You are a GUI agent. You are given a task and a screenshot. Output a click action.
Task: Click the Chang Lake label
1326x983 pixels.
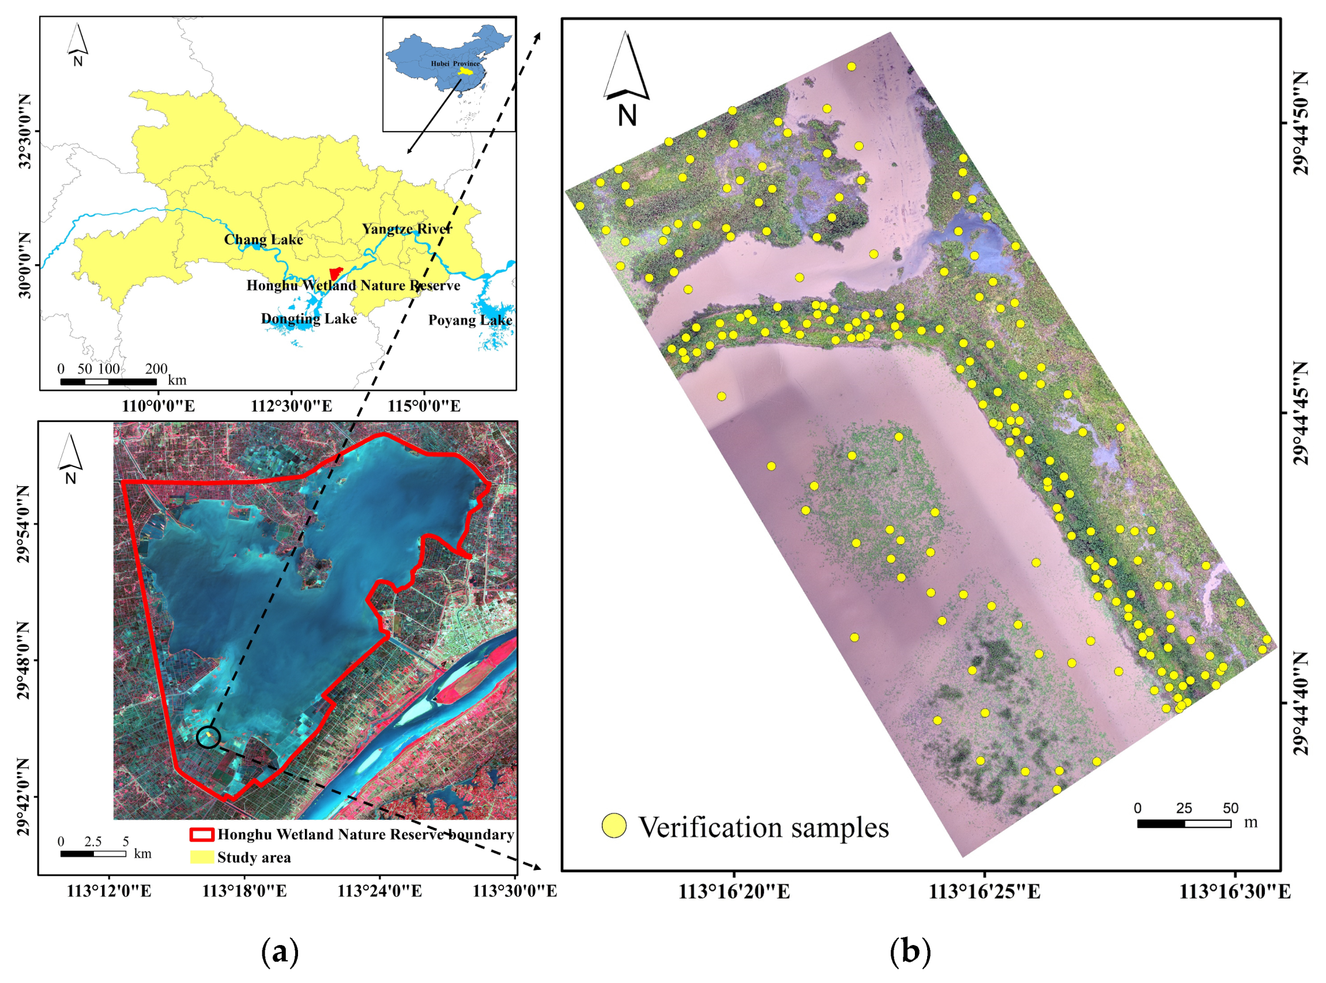(263, 240)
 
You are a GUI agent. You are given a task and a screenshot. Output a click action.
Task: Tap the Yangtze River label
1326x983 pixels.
(407, 229)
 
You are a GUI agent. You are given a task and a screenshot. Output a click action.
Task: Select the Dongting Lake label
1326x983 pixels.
(309, 319)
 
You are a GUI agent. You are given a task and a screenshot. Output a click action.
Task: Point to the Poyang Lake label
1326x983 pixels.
(470, 320)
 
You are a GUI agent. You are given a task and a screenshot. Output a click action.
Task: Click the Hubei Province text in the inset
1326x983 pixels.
(455, 64)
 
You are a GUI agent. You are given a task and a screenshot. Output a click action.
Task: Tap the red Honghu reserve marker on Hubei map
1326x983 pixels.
(336, 273)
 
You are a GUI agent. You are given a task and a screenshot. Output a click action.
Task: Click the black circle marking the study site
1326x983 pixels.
(208, 737)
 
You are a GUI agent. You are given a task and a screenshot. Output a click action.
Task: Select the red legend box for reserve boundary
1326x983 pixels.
(201, 834)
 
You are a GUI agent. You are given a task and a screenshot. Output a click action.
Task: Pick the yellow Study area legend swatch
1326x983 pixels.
(201, 858)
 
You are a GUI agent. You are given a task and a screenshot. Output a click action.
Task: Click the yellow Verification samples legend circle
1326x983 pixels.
(613, 826)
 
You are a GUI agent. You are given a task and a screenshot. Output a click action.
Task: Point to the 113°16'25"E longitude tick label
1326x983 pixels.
(984, 892)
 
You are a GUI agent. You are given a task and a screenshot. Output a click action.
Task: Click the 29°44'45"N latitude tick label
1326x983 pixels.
(1301, 412)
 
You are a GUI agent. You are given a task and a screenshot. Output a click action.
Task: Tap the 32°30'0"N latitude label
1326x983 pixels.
(25, 131)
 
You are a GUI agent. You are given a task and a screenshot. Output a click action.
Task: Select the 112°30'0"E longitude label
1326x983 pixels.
(291, 406)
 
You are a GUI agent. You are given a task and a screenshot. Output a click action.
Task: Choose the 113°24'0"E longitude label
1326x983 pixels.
(380, 891)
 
